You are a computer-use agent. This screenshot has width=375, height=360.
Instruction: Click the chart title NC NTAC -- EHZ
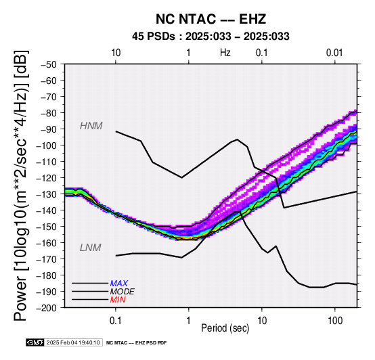(211, 19)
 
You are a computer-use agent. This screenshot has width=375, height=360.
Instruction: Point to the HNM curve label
(91, 126)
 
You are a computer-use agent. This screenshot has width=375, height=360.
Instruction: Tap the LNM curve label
(91, 248)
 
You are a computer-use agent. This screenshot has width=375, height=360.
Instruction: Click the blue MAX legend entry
(119, 284)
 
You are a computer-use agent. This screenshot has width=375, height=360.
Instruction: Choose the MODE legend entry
(123, 292)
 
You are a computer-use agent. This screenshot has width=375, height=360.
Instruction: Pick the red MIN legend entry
(118, 300)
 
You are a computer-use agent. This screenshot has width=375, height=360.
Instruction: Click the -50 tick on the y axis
(49, 64)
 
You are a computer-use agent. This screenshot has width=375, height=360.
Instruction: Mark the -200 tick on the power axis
(47, 308)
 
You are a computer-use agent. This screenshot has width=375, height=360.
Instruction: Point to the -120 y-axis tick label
(47, 178)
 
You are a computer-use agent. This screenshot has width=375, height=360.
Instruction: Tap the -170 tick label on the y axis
(47, 259)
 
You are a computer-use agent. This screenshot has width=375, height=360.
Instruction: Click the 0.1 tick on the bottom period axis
(116, 321)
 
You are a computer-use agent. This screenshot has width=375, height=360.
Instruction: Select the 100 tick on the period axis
(335, 321)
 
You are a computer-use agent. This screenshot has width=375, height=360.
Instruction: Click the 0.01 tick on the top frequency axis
(334, 53)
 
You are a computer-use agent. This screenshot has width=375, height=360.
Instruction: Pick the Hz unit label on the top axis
(225, 53)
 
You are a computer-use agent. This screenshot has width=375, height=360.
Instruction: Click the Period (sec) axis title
(225, 328)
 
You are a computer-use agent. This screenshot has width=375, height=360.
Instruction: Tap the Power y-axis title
(20, 185)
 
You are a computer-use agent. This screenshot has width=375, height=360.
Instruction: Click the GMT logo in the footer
(35, 342)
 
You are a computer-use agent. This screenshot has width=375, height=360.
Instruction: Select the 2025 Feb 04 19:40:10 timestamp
(73, 342)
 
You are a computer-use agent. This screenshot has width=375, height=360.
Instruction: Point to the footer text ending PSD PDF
(136, 343)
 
